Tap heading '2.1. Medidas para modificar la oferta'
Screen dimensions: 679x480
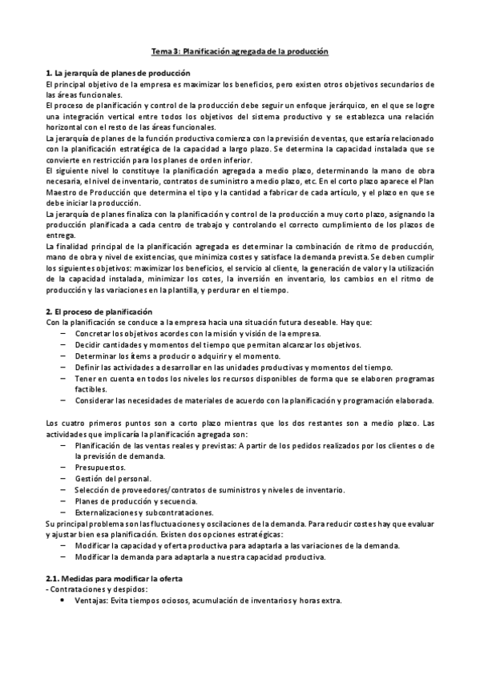point(115,578)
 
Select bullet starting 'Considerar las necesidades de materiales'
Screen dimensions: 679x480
point(254,400)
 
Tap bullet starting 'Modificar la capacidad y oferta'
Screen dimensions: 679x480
point(237,545)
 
